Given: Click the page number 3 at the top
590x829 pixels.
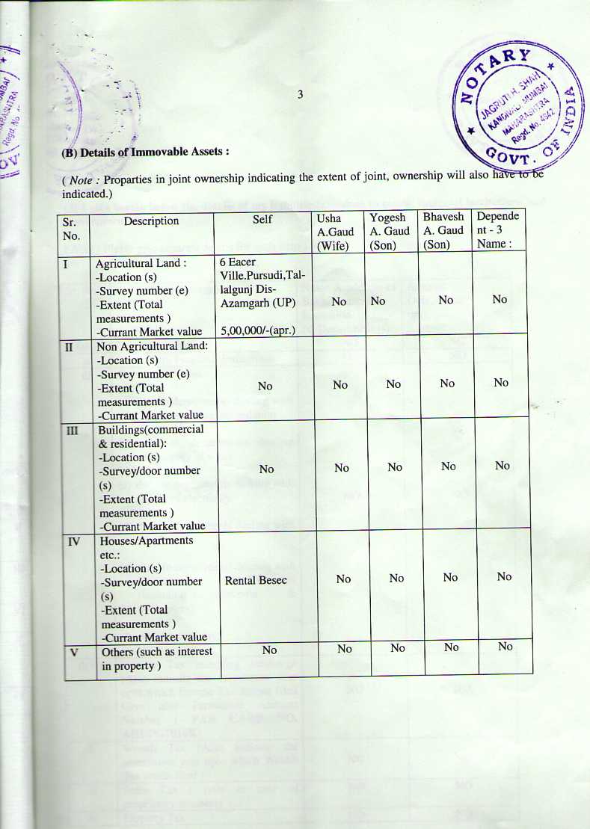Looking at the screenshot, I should [x=299, y=94].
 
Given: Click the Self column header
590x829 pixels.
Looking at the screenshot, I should [x=262, y=220].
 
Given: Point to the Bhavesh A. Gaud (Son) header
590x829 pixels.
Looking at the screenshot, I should [x=443, y=231].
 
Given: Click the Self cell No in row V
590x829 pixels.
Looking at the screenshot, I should [x=269, y=650].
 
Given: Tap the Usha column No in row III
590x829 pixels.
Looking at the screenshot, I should [x=342, y=468].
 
